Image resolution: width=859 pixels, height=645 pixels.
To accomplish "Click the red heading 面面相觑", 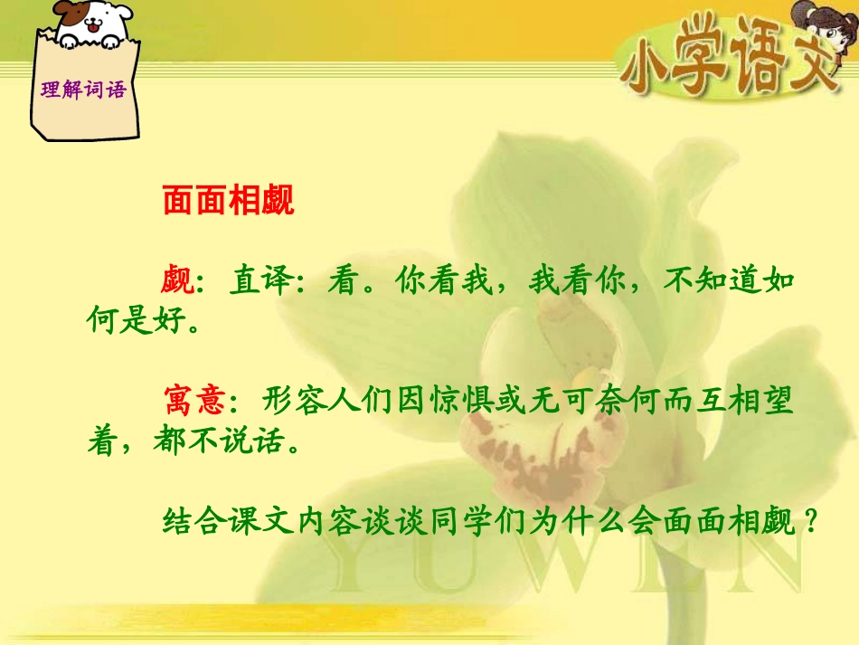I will [228, 202].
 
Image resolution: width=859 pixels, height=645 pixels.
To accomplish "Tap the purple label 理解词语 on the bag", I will [84, 90].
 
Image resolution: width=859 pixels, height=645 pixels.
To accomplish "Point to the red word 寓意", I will [194, 400].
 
